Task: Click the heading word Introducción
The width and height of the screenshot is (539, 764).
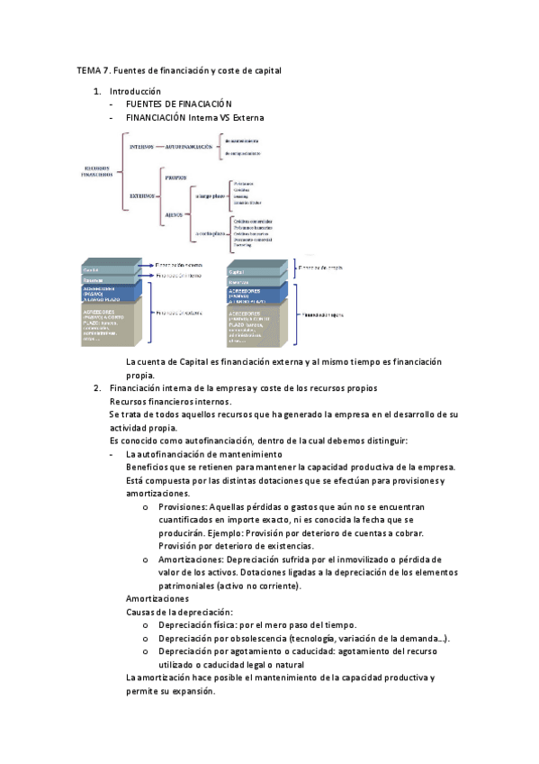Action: click(135, 92)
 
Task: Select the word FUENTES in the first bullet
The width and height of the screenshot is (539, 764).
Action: click(144, 105)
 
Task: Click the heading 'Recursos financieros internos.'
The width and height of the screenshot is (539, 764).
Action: click(170, 401)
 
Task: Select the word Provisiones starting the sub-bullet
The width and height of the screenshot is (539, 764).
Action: click(182, 508)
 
